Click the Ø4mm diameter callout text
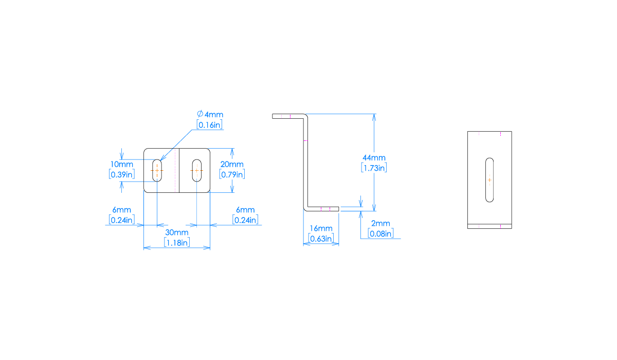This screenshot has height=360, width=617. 210,114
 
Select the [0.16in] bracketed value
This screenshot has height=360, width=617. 210,124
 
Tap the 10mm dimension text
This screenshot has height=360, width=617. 122,165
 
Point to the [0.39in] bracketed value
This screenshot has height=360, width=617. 122,174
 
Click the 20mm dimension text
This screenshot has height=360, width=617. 232,165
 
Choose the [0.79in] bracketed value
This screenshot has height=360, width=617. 232,174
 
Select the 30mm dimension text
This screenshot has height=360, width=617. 176,232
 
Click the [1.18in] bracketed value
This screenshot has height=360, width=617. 176,242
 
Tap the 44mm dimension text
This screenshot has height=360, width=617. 374,158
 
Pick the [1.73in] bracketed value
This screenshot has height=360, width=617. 374,168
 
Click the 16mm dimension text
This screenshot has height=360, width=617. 321,228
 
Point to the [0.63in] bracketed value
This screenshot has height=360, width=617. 321,238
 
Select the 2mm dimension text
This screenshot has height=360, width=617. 380,224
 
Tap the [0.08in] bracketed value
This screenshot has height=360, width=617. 380,233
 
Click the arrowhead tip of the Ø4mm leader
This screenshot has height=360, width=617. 160,160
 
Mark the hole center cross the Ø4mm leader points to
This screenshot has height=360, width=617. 157,170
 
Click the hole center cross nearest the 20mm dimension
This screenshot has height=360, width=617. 196,170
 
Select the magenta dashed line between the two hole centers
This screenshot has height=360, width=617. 175,170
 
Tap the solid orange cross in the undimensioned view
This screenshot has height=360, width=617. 489,180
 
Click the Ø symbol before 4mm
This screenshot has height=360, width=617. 200,114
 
